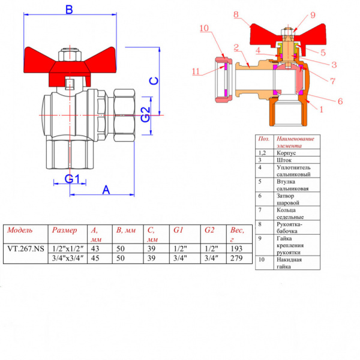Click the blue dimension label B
point(69,10)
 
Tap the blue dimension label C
point(154,81)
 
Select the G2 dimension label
point(146,115)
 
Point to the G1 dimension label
point(72,179)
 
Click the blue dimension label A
point(106,190)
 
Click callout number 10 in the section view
point(204,28)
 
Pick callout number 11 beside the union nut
point(196,71)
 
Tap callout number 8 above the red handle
point(236,14)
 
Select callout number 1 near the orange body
point(321,109)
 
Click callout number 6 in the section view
point(340,101)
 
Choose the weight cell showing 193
point(236,248)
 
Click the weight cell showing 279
point(236,258)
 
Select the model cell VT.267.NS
point(26,248)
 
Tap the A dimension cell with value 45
point(95,258)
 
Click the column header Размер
point(65,230)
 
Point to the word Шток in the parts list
point(284,160)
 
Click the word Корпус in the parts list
point(286,153)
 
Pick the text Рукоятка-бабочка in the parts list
point(290,227)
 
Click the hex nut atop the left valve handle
point(70,55)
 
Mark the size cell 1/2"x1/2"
point(68,248)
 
